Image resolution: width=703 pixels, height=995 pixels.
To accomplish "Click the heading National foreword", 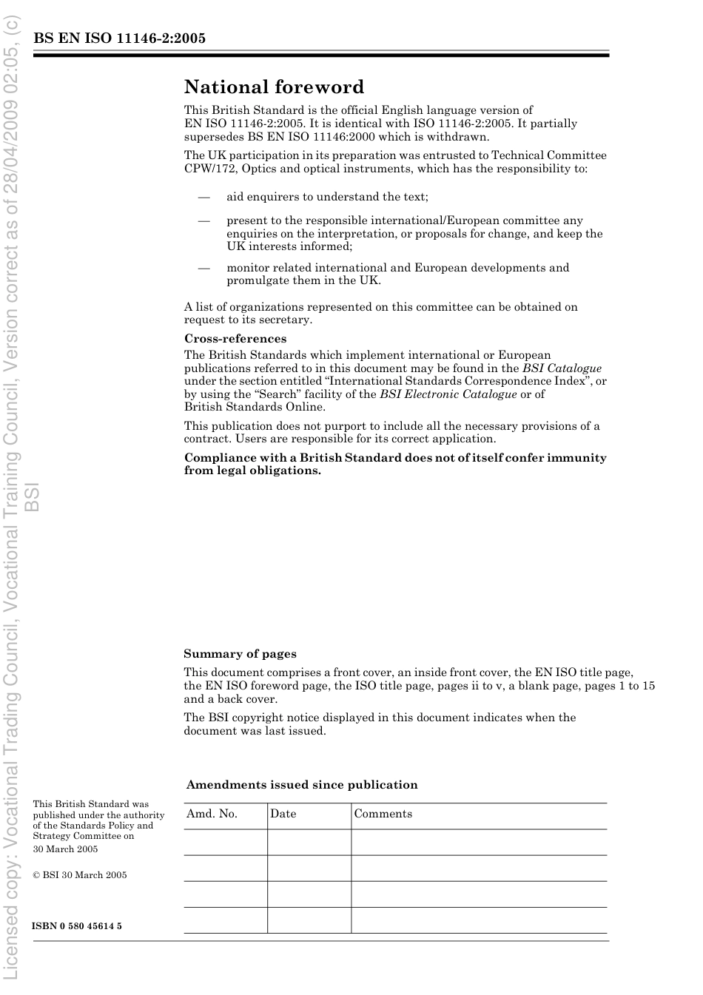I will [x=274, y=87].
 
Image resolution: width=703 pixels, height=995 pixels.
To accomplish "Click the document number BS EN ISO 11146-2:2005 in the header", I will [x=119, y=38].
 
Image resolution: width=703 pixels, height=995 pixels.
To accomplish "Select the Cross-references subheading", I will [x=235, y=339].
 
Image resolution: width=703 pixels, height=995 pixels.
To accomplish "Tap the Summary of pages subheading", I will [x=240, y=654].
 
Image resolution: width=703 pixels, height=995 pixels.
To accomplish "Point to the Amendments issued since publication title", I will [x=302, y=785].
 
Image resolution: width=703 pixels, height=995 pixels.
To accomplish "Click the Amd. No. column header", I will [x=212, y=814].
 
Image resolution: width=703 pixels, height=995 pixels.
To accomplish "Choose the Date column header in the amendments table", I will [x=283, y=814].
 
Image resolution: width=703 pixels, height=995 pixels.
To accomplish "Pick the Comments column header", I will [x=383, y=814].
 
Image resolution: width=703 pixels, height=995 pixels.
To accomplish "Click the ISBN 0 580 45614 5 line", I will [x=77, y=926].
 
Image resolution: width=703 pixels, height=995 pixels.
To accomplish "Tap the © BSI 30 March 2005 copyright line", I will [x=80, y=875].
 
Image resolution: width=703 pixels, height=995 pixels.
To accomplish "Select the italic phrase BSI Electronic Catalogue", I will [x=448, y=394].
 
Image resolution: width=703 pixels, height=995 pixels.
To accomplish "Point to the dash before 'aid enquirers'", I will [x=203, y=197].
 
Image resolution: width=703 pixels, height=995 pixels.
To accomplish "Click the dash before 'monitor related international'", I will [x=203, y=268].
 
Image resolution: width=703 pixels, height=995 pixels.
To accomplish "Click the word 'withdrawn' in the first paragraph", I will [x=457, y=137].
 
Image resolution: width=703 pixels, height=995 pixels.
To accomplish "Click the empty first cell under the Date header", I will [x=309, y=842].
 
